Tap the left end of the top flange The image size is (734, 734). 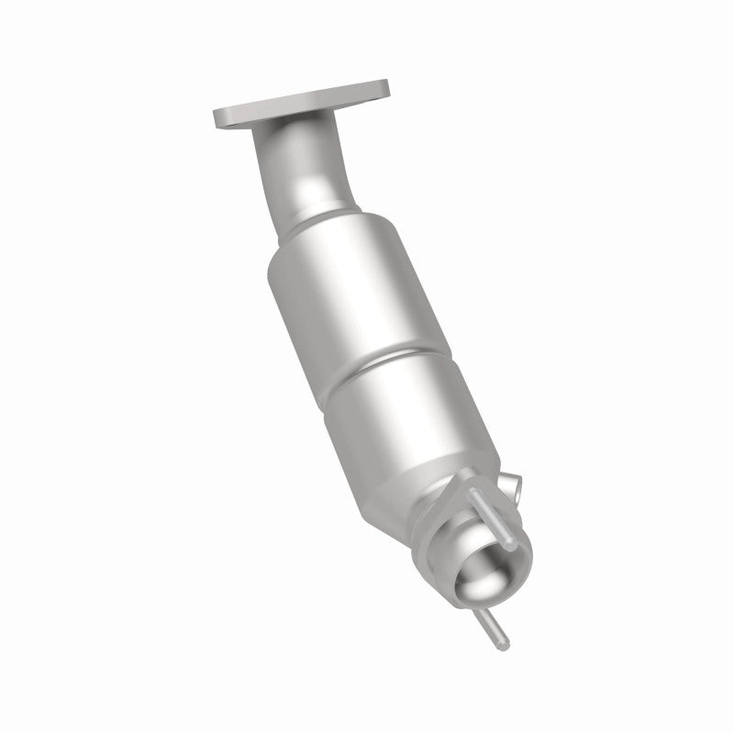tap(220, 117)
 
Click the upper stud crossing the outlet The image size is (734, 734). tap(491, 518)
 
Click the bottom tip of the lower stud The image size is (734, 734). tap(504, 645)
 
